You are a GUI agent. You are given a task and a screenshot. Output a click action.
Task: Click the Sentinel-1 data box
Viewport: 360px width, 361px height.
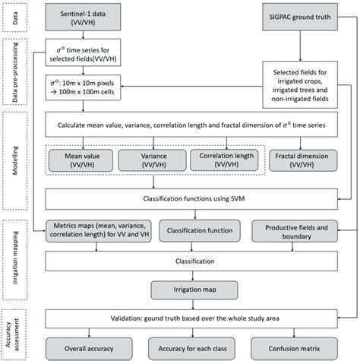(85, 17)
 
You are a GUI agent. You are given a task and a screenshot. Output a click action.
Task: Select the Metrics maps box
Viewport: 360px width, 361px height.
(86, 230)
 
